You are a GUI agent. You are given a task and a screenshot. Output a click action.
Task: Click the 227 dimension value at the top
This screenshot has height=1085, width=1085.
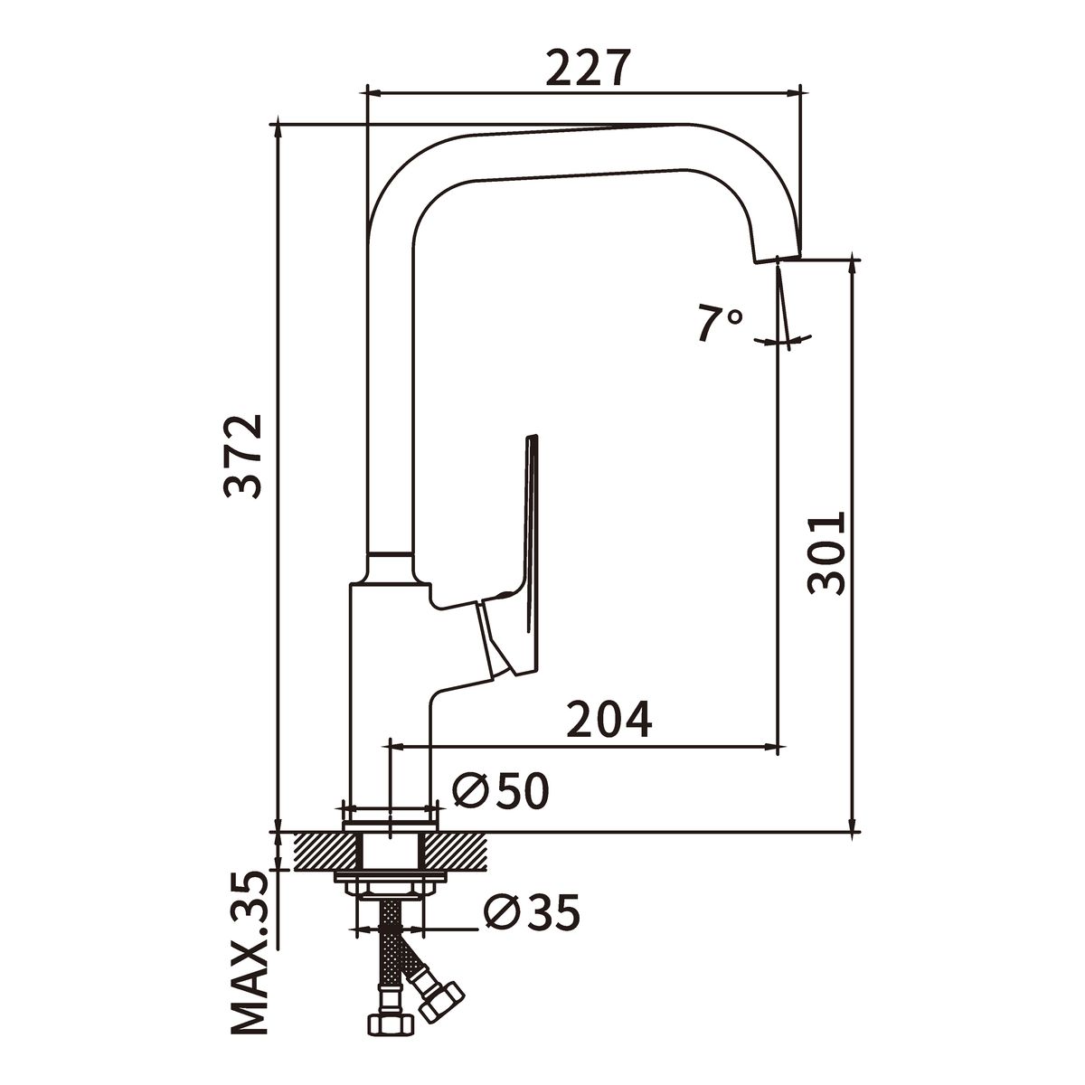coord(586,68)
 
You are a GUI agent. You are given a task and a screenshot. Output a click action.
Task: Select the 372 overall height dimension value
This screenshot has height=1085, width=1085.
coord(243,456)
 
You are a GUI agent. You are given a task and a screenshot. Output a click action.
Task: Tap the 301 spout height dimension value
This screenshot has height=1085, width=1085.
coord(826,553)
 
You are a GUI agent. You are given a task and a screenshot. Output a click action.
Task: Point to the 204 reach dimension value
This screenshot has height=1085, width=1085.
coord(609,719)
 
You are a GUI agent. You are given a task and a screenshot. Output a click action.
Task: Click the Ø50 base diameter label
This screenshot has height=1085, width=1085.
coord(501,790)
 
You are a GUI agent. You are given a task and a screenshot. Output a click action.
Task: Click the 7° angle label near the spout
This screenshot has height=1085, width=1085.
coord(721,324)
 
